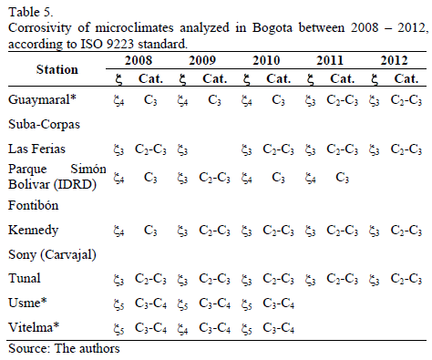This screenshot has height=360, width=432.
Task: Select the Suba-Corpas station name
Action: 38,123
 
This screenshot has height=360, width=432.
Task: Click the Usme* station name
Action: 26,301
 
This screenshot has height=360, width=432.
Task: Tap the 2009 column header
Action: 203,59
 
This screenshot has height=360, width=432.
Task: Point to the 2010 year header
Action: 266,59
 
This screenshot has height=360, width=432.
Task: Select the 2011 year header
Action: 330,59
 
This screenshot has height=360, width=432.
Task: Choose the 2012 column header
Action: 394,59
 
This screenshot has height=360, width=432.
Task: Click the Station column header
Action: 57,69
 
